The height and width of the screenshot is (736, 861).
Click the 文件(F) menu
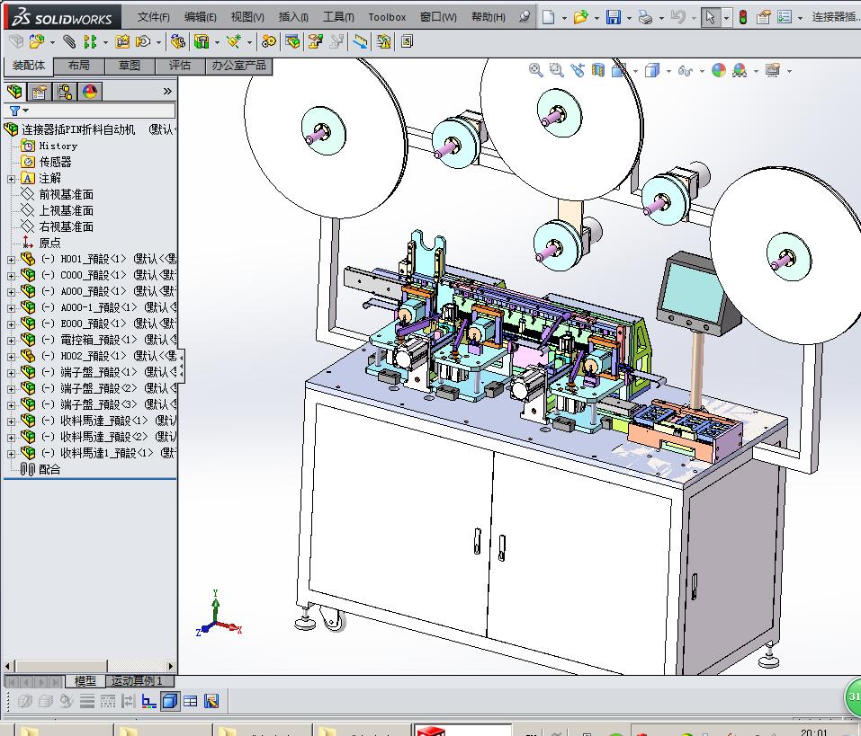coord(154,17)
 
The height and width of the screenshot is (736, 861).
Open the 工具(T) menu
coord(338,17)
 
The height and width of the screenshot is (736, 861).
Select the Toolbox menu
coord(387,17)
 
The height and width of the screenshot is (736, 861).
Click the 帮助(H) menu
coord(488,17)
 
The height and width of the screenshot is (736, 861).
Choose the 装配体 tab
coord(29,66)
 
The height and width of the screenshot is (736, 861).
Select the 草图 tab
coord(130,66)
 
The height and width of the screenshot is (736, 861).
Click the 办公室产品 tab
coord(238,66)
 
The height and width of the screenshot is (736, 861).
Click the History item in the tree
coord(58,146)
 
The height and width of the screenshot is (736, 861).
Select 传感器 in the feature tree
coord(55,162)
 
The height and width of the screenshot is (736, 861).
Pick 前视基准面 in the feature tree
coord(66,194)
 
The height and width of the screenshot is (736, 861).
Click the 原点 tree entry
coord(49,243)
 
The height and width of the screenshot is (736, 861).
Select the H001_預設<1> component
coord(94,259)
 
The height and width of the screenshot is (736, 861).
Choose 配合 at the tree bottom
coord(49,469)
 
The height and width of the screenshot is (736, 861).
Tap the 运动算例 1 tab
coord(137,681)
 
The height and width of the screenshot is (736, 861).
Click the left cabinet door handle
coord(477,542)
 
